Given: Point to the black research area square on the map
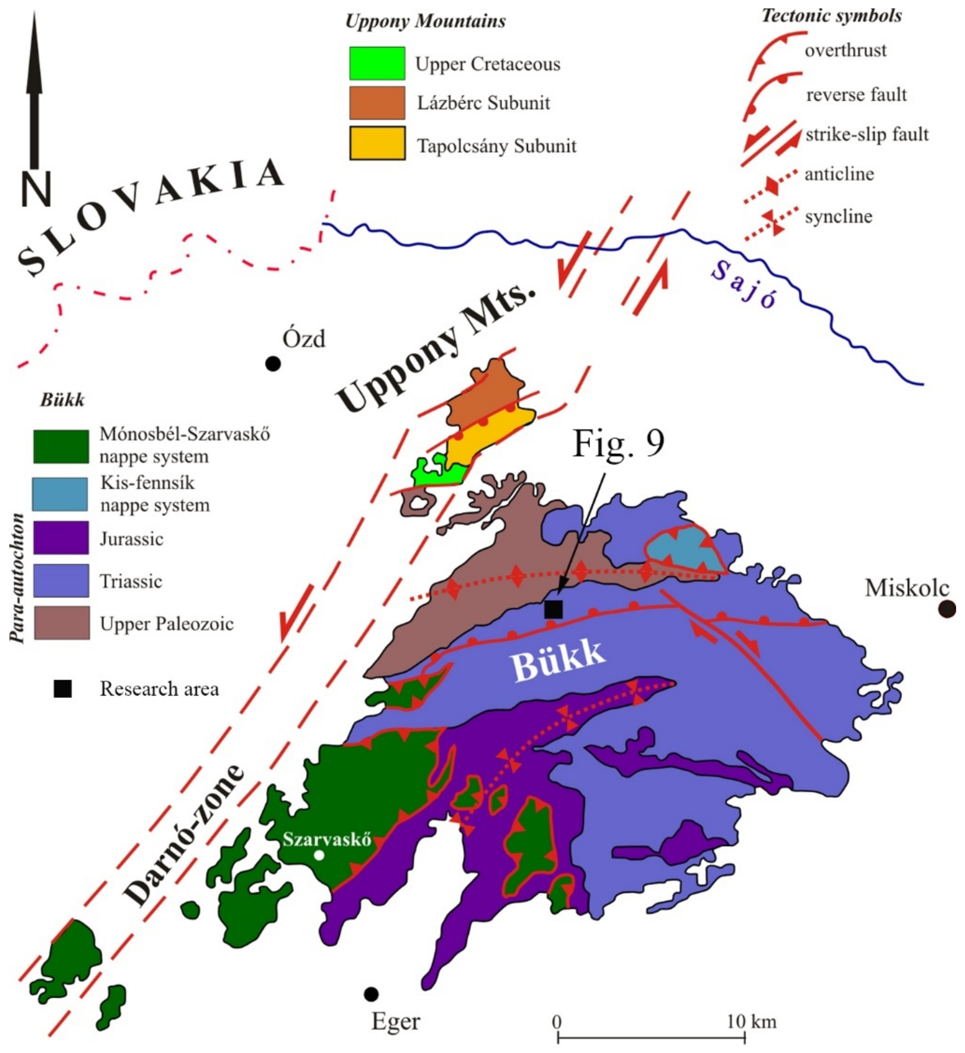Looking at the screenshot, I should coord(553,609).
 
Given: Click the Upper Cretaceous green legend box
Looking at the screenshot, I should coord(377,63).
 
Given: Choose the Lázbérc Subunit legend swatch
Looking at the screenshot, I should coord(377,103).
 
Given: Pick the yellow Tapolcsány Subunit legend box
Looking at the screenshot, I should coord(377,143).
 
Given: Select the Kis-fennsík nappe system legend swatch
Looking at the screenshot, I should coord(60,494).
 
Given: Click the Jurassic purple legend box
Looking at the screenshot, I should coord(61,537).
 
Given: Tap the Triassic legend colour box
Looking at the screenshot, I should coord(61,580).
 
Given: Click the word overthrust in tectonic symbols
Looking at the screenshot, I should coord(845,51).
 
